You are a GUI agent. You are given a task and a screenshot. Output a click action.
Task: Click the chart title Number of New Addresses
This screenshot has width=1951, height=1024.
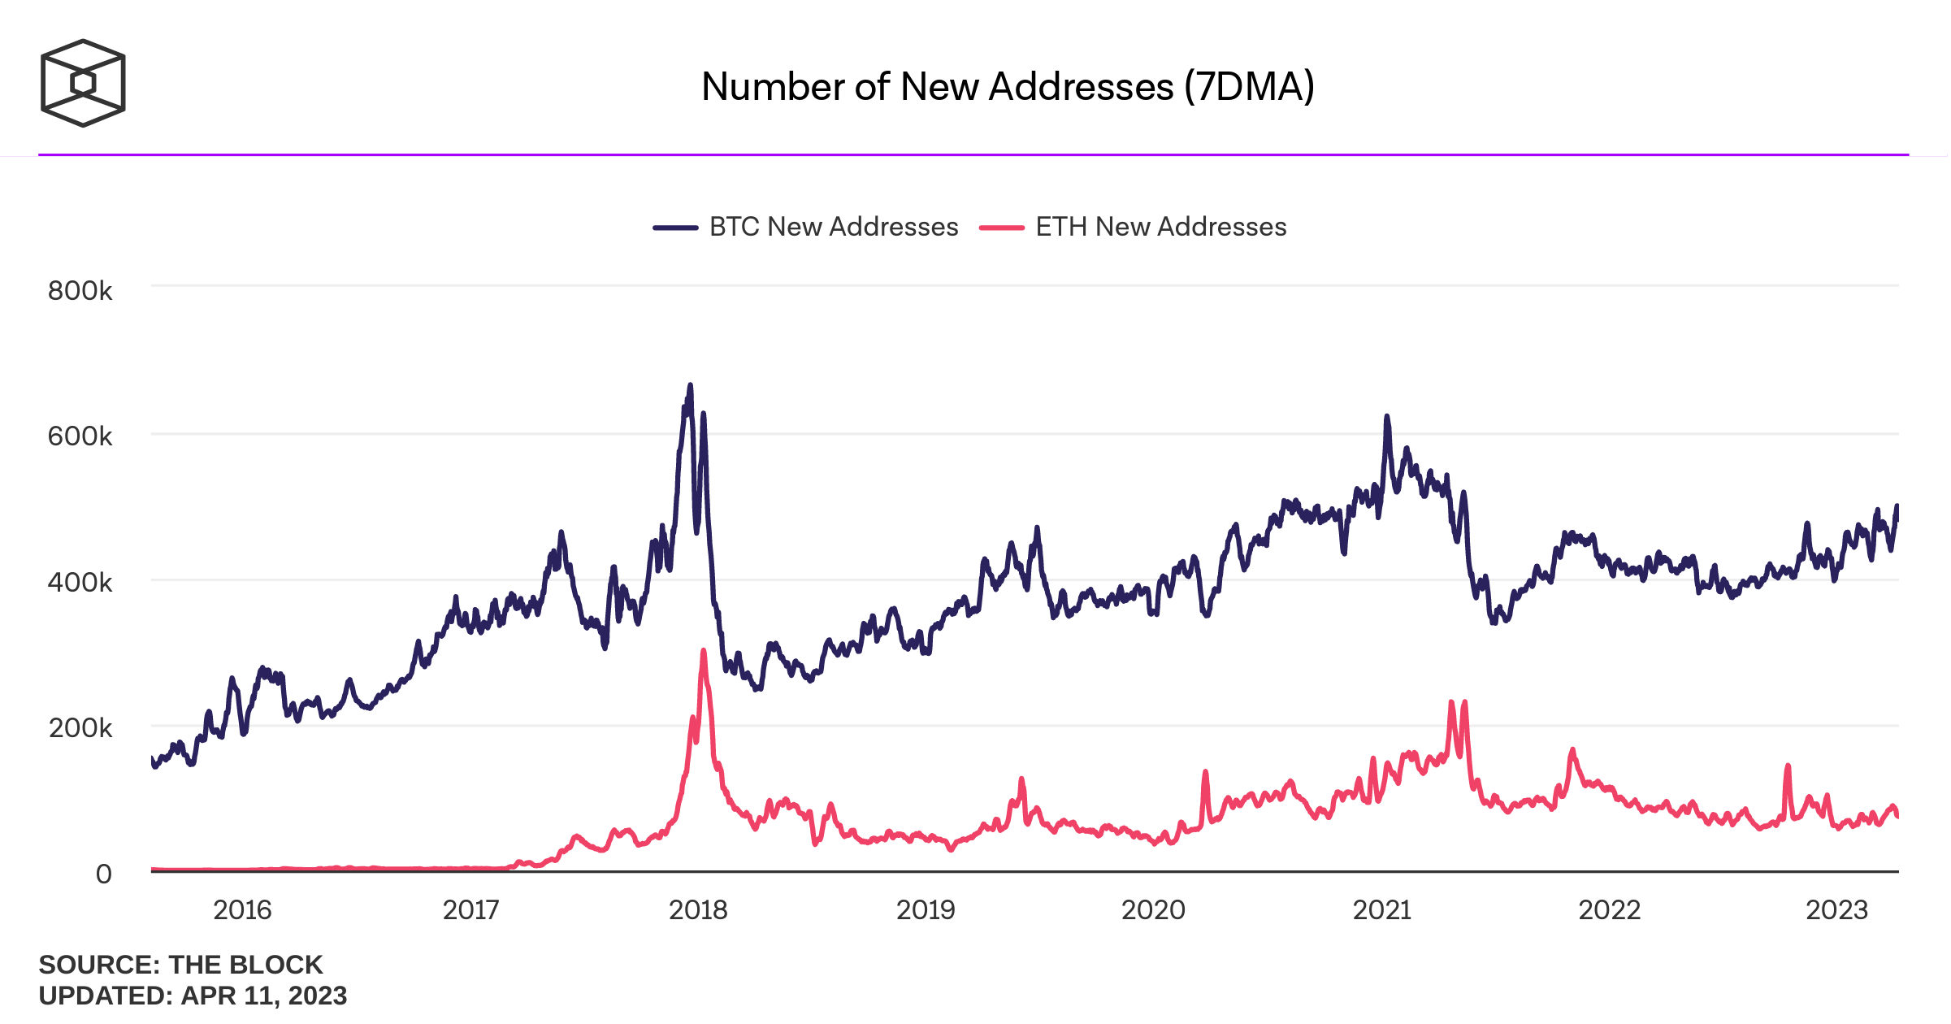coord(1008,86)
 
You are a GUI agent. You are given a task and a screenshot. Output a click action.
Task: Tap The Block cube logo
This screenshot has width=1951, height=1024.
coord(83,83)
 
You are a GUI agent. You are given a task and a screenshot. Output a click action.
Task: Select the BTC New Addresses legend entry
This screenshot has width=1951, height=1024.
coord(805,227)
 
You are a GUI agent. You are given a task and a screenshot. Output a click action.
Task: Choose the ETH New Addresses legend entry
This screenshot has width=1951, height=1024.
coord(1133,227)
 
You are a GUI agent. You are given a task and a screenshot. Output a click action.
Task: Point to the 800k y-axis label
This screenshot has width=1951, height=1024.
coord(80,291)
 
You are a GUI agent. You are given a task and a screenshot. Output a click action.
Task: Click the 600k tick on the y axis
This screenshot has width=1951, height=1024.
coord(80,436)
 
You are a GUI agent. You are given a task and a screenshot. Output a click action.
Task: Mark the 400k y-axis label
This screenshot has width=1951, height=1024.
coord(80,582)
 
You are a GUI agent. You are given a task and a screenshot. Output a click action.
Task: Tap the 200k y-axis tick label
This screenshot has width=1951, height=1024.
coord(80,727)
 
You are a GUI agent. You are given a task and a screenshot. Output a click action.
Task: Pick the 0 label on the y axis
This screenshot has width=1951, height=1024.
coord(103,874)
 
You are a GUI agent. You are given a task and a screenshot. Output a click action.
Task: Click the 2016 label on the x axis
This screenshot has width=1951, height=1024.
coord(242,909)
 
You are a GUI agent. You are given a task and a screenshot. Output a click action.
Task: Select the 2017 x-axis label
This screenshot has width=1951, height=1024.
coord(470,909)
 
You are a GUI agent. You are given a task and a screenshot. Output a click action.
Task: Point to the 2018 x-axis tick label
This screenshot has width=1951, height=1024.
coord(698,909)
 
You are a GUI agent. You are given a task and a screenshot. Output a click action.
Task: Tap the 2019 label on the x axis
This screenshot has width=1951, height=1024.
coord(926,909)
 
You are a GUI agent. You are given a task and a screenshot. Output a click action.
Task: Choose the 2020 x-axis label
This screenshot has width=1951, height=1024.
coord(1153,909)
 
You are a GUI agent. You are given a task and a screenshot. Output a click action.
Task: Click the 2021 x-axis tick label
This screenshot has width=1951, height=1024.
coord(1381,909)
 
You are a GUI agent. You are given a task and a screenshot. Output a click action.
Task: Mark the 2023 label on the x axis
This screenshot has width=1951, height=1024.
coord(1836,909)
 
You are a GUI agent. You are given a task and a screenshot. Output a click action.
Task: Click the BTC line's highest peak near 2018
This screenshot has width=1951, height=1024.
coord(691,385)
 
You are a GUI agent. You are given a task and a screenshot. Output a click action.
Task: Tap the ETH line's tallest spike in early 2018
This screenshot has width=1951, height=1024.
coord(704,651)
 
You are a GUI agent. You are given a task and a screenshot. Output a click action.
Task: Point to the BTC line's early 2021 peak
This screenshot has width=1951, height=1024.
coord(1387,417)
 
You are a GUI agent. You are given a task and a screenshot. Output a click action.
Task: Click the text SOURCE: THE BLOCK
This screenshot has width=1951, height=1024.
coord(180,965)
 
